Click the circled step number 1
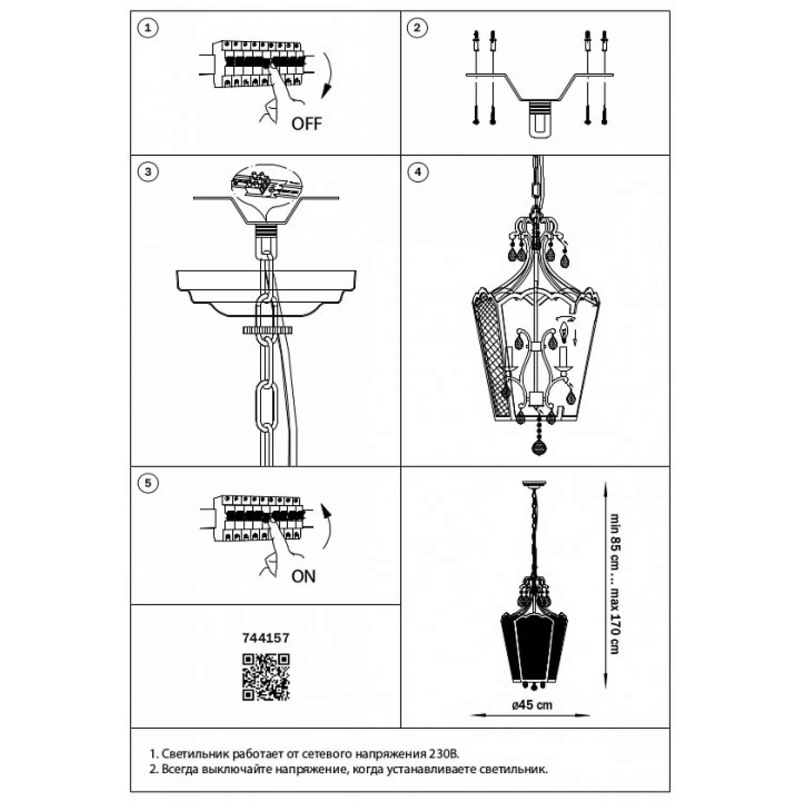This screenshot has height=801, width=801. (x=148, y=28)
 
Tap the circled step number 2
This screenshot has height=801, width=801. (x=417, y=28)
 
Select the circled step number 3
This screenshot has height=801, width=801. (x=148, y=172)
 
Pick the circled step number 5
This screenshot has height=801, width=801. (x=148, y=483)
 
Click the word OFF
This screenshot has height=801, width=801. (x=307, y=124)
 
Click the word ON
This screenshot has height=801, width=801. (x=303, y=576)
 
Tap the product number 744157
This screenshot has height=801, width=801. (x=266, y=638)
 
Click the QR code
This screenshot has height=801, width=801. (x=266, y=677)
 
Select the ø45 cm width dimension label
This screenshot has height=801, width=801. (x=532, y=705)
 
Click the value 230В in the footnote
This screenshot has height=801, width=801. (x=443, y=754)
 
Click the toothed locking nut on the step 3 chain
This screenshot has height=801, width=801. (x=268, y=331)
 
